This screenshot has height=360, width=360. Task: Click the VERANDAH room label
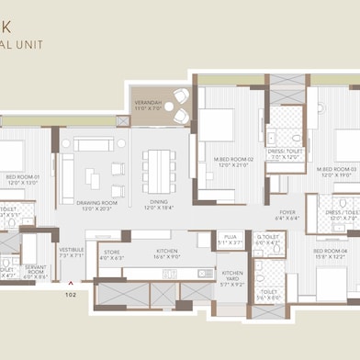147,102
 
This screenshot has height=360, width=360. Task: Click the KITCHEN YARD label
232,273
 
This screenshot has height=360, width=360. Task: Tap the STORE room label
112,252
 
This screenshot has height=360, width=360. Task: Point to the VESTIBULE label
71,249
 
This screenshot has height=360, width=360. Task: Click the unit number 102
70,296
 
